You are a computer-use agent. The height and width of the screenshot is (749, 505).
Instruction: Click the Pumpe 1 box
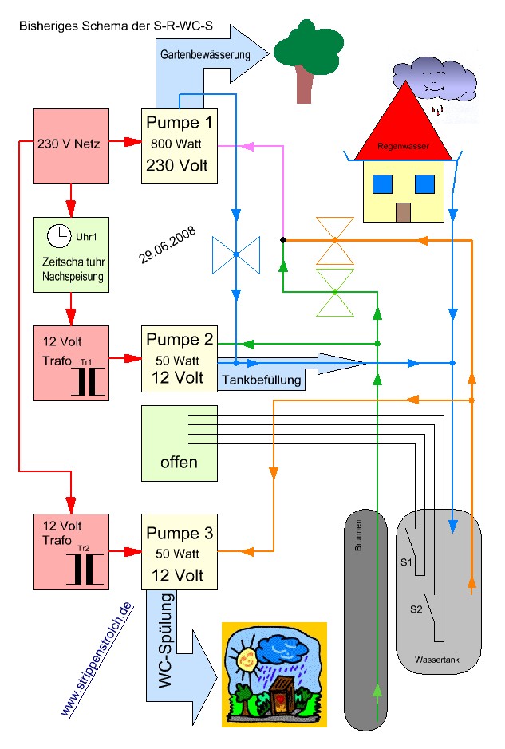[x=179, y=145]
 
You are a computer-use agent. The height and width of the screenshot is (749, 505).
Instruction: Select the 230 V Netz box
[x=69, y=145]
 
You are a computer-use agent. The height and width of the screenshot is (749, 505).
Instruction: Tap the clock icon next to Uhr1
[x=57, y=236]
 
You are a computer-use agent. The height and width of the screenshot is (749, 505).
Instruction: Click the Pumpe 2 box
[x=179, y=358]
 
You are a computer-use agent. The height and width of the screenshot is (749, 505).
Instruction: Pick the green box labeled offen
[x=179, y=443]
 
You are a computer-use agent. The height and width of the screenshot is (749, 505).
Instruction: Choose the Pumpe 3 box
[x=179, y=552]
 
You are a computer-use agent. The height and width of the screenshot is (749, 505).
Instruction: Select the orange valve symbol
[x=335, y=239]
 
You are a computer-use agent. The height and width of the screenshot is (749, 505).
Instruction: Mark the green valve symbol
[x=335, y=292]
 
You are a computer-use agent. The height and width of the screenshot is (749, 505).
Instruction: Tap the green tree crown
[x=303, y=48]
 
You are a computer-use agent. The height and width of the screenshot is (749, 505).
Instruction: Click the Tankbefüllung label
[x=262, y=380]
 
